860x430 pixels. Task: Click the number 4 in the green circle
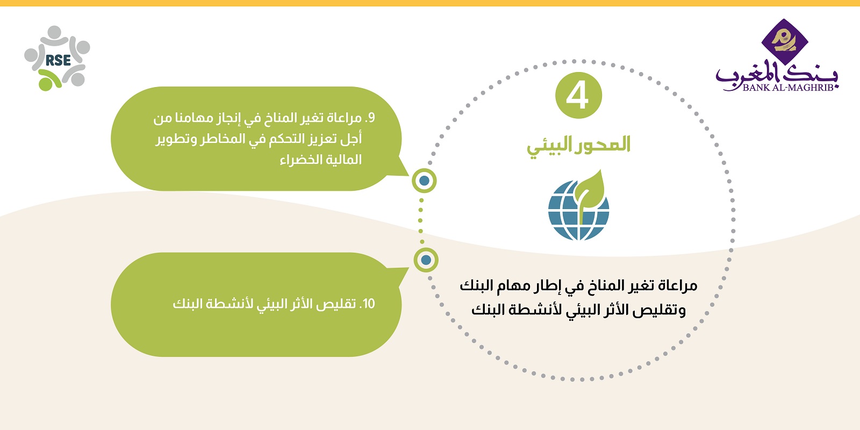[x=577, y=96]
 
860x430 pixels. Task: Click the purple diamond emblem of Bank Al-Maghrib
[x=785, y=41]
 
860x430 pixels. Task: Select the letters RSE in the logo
[x=58, y=60]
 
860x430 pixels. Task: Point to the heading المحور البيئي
[x=578, y=146]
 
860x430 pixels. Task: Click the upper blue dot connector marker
[x=424, y=181]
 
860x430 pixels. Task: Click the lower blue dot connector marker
[x=426, y=260]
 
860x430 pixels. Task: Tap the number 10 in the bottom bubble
[x=369, y=304]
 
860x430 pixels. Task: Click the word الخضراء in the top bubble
[x=299, y=160]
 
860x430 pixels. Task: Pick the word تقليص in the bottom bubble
[x=340, y=304]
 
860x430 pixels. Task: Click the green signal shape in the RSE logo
[x=49, y=80]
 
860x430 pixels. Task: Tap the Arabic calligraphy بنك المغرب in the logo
[x=776, y=75]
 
